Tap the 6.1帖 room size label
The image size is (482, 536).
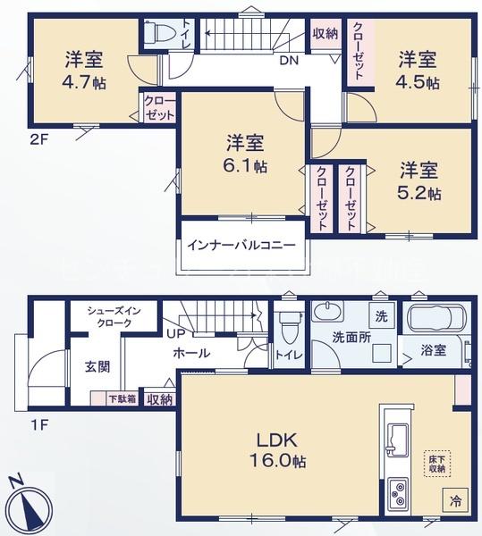[x=246, y=166]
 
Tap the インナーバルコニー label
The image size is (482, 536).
[x=241, y=245]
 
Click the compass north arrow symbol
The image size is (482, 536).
[x=30, y=505]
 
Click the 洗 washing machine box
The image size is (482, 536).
[x=382, y=316]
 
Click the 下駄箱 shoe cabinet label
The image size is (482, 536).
[x=123, y=399]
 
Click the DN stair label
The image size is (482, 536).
[x=289, y=61]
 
